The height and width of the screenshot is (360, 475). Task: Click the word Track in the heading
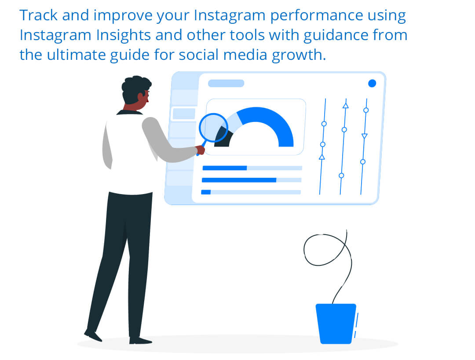(38, 15)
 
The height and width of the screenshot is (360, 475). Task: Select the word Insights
(123, 35)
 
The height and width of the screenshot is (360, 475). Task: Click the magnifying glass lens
(214, 128)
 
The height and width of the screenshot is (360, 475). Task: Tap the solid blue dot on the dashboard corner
(372, 83)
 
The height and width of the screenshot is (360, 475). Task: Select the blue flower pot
(336, 323)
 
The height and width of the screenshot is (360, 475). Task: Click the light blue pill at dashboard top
(226, 83)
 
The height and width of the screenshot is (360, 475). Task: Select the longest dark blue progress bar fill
(239, 180)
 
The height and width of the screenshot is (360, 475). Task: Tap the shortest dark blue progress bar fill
(206, 192)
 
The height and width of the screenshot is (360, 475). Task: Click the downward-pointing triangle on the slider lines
(365, 136)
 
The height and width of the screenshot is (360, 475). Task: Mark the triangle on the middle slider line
(345, 106)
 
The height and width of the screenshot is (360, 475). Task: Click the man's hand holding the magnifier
(200, 150)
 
